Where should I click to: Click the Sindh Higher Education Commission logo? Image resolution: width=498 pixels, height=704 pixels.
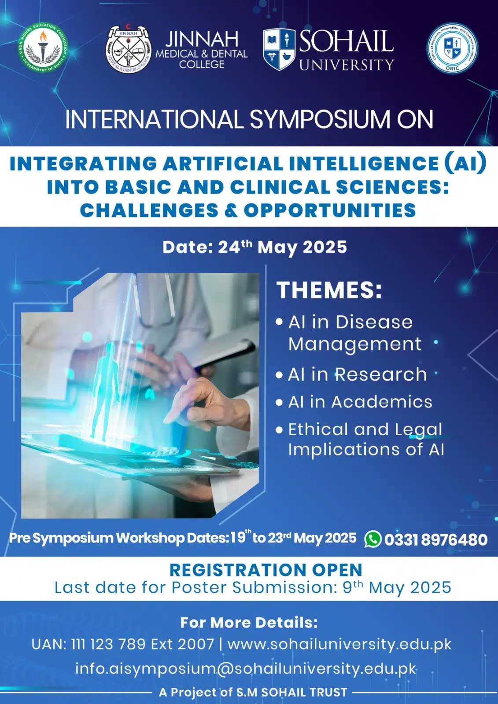pyautogui.click(x=43, y=48)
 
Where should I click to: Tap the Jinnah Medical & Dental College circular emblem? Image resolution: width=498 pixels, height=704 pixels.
pyautogui.click(x=129, y=49)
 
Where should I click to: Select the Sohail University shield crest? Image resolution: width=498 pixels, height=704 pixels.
pyautogui.click(x=279, y=49)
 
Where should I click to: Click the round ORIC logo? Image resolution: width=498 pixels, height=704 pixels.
pyautogui.click(x=452, y=48)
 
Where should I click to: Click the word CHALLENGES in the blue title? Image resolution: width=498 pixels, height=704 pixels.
pyautogui.click(x=149, y=210)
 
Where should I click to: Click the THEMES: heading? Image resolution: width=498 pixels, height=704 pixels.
pyautogui.click(x=329, y=290)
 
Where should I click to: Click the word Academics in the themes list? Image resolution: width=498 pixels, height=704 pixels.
pyautogui.click(x=382, y=402)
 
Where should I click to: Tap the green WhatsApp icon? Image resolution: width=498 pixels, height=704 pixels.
pyautogui.click(x=373, y=539)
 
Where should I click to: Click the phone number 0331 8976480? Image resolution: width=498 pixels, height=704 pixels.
pyautogui.click(x=436, y=539)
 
